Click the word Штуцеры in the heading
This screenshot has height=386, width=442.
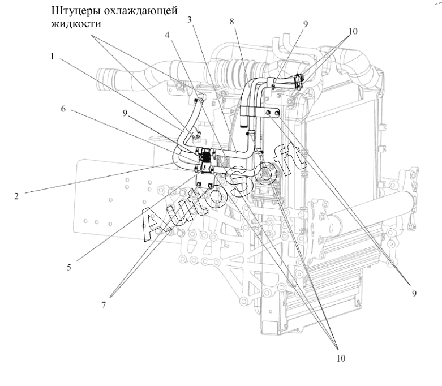tap(74, 11)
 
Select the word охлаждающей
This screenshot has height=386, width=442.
tap(139, 11)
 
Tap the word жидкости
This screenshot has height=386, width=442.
tap(76, 23)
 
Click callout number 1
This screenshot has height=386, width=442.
tap(53, 57)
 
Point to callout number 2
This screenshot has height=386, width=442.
tap(16, 196)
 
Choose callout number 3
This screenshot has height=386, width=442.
tap(190, 19)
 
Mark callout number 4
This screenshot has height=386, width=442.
tap(168, 35)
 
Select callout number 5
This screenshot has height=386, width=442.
tap(69, 267)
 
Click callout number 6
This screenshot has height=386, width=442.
tap(63, 109)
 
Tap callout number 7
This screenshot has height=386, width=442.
tap(104, 305)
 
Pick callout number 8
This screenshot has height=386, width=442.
tap(231, 21)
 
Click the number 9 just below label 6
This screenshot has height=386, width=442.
tap(125, 113)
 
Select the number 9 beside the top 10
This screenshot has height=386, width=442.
tap(306, 24)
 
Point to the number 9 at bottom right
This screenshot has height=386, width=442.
tap(414, 294)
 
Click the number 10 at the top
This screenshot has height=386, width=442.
tap(353, 31)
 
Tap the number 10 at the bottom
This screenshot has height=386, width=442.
tap(341, 358)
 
